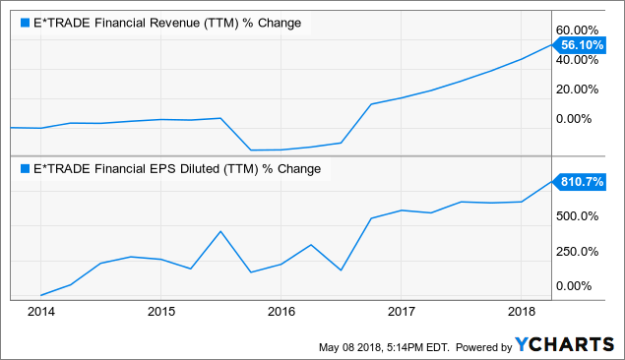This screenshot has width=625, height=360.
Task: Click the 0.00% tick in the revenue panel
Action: click(581, 119)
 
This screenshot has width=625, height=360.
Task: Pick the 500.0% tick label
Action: click(581, 215)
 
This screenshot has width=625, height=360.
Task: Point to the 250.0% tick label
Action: click(581, 251)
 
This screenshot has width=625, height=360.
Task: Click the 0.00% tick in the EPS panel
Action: click(581, 286)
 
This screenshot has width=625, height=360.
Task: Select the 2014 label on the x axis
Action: click(41, 312)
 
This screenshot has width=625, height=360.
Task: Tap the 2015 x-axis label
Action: click(161, 312)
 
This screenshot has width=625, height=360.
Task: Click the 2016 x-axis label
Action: click(281, 312)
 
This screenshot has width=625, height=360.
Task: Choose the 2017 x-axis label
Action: click(401, 312)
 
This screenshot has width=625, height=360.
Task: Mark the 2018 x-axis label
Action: click(520, 312)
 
